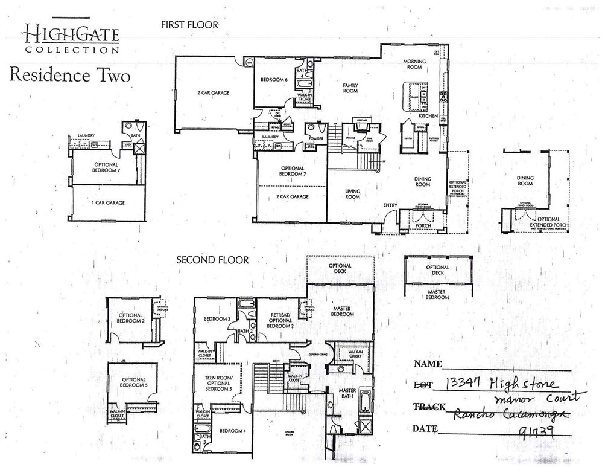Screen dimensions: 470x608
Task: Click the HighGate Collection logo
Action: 71,37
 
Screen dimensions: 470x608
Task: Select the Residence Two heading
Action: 69,76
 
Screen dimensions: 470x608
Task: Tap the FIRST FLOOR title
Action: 189,25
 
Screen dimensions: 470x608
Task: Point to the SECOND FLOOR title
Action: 212,260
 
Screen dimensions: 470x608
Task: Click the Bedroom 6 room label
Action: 274,80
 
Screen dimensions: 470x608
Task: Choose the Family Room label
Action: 350,88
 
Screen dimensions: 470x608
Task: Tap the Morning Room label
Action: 415,65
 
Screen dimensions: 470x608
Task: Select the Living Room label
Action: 352,193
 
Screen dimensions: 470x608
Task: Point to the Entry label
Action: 390,205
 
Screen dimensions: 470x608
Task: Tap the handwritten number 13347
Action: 464,384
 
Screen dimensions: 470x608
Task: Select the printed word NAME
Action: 428,364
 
